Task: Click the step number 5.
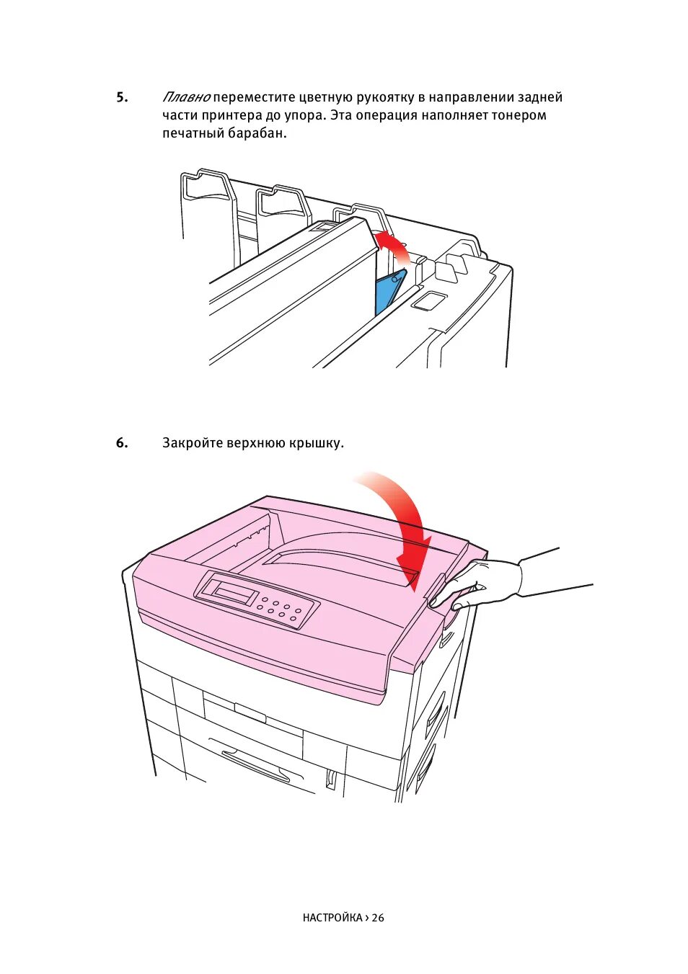122,97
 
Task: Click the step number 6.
122,443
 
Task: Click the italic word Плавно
186,97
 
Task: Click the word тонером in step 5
519,115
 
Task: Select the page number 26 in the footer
378,918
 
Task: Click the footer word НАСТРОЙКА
332,918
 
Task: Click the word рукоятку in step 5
385,97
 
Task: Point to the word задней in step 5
539,97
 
